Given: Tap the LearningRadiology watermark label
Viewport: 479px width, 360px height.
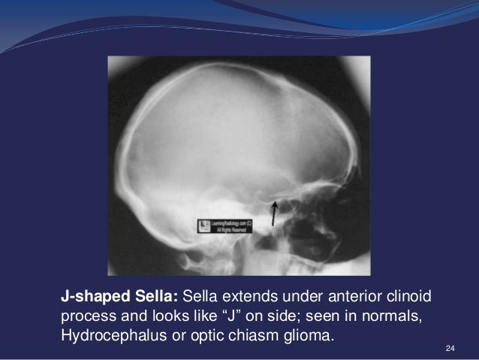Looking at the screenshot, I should point(226,225).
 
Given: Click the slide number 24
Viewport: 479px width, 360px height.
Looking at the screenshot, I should point(450,347).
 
